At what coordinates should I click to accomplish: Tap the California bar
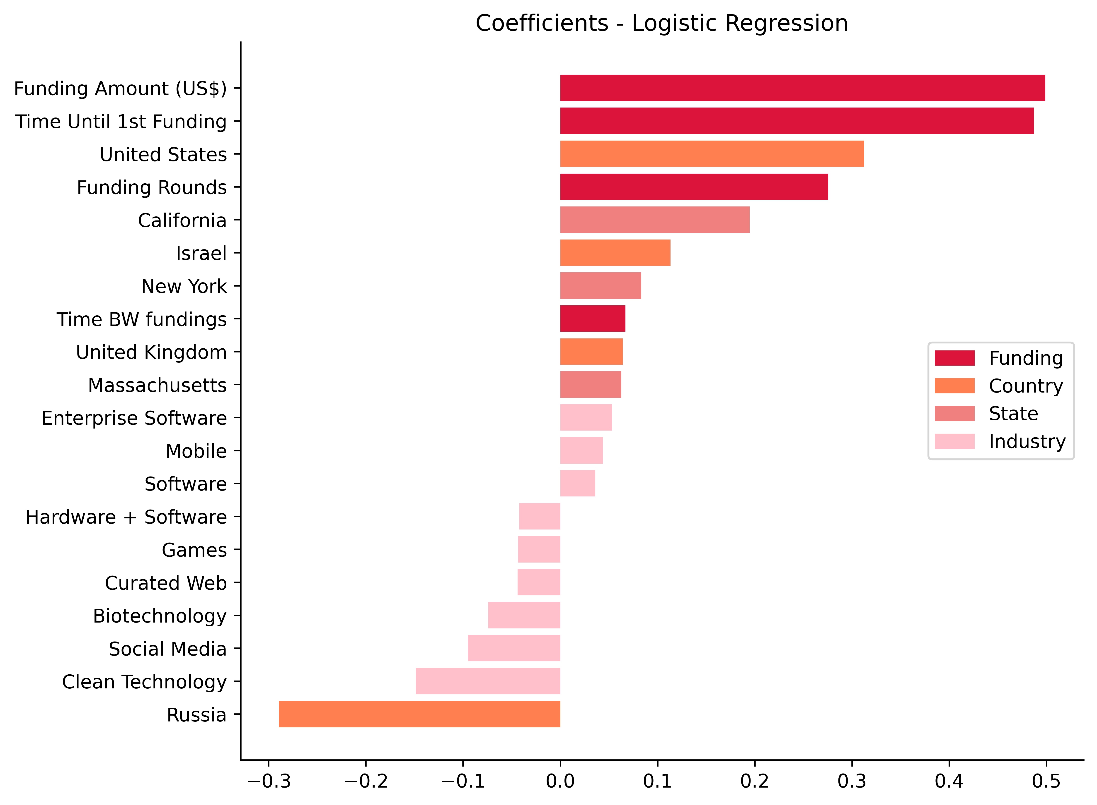click(655, 220)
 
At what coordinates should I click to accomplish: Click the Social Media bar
click(514, 648)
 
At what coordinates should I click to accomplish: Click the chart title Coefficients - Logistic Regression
click(661, 23)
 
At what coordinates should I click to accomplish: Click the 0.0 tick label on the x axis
click(560, 782)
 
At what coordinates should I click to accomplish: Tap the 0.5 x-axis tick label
click(1046, 782)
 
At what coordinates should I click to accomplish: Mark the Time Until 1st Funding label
click(121, 121)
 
